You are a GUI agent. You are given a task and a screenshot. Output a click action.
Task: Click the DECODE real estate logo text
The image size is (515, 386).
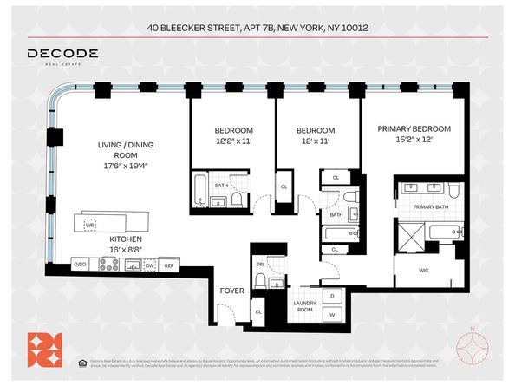click(x=62, y=55)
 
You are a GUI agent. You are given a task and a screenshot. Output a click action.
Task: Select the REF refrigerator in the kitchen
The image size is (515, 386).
click(x=169, y=265)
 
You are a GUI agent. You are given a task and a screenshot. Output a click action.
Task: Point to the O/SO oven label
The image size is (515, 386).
click(x=81, y=265)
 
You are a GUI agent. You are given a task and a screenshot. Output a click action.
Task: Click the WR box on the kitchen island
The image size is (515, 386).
click(x=90, y=224)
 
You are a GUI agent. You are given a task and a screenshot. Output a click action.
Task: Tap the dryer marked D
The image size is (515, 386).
click(x=332, y=296)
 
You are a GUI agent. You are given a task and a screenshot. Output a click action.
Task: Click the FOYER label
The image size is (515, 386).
click(x=231, y=291)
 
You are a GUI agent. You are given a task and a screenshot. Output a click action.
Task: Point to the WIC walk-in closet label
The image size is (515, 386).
click(x=424, y=270)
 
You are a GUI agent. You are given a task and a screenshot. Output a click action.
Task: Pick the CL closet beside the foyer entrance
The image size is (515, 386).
click(x=258, y=311)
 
